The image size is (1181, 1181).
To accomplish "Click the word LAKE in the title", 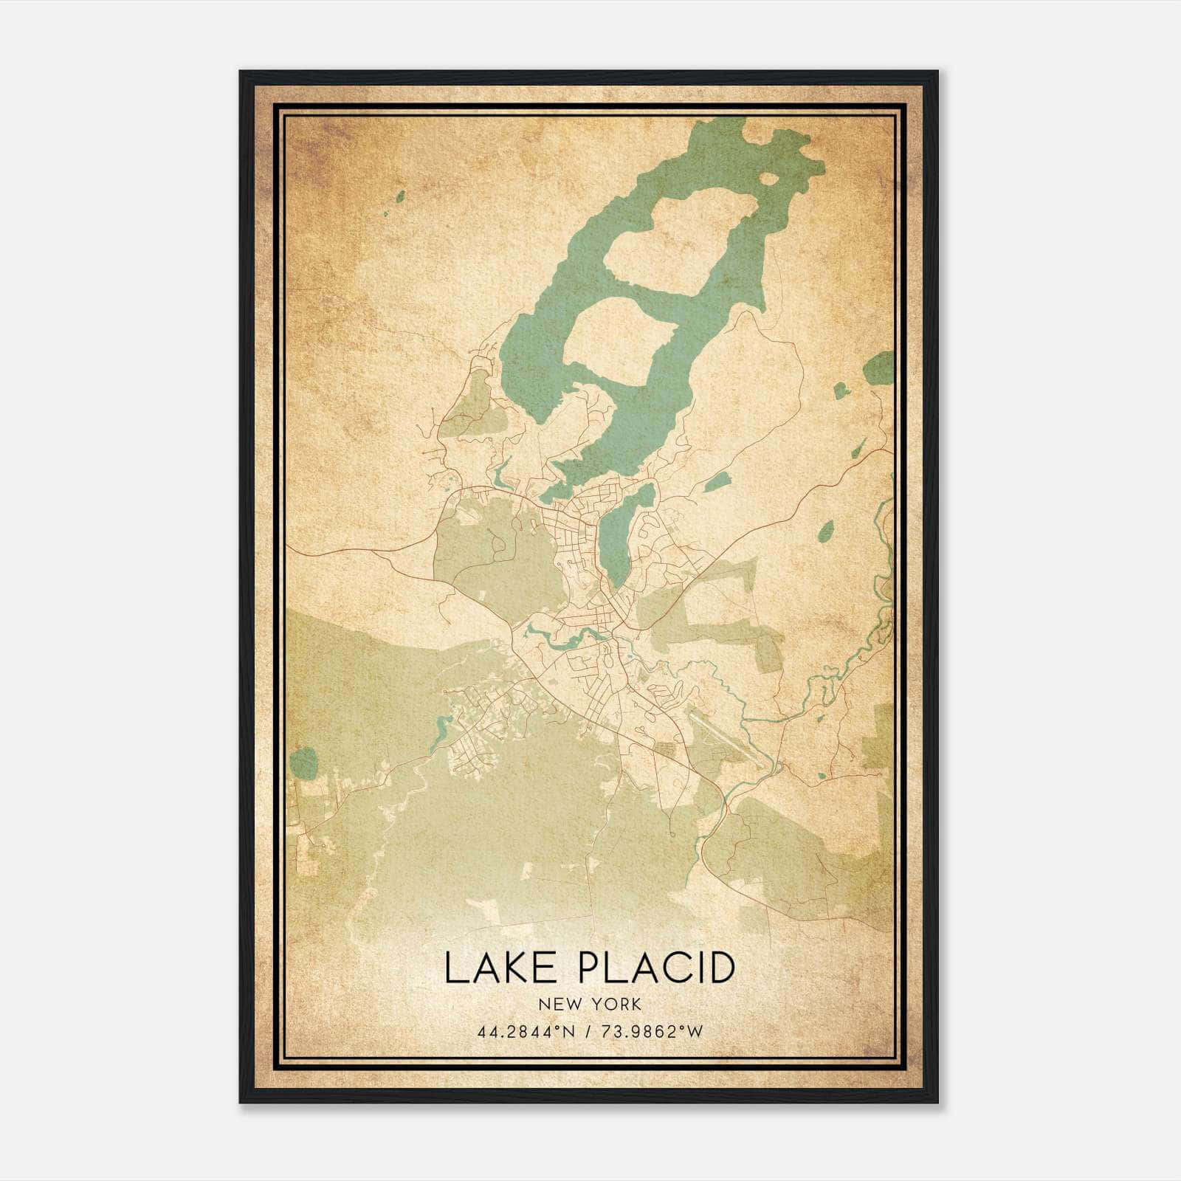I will (503, 968).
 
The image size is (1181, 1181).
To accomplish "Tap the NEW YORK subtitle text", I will (590, 1005).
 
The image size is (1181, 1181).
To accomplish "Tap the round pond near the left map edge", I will (303, 760).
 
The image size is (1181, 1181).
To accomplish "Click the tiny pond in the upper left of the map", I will (400, 196).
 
